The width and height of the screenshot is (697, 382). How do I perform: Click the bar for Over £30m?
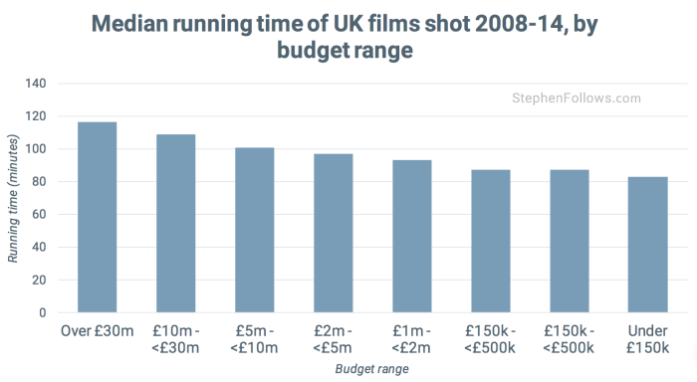(97, 218)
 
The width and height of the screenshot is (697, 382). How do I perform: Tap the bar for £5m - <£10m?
(254, 230)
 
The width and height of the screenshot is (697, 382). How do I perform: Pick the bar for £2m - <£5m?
(333, 234)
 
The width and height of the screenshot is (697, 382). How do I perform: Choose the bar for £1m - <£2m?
(411, 237)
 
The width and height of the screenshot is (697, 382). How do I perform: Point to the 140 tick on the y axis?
(35, 85)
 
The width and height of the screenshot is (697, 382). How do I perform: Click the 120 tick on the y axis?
(35, 116)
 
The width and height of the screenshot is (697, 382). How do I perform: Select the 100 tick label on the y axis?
(35, 149)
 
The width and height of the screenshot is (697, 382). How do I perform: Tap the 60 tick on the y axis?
(39, 215)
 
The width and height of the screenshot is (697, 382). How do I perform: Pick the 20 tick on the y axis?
(39, 280)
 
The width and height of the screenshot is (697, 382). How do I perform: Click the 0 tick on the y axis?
(43, 312)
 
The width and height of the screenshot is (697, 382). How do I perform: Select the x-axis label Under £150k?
(647, 338)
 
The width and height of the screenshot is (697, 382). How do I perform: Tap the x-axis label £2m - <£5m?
(333, 338)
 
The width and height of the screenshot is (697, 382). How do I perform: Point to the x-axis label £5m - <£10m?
(254, 338)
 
